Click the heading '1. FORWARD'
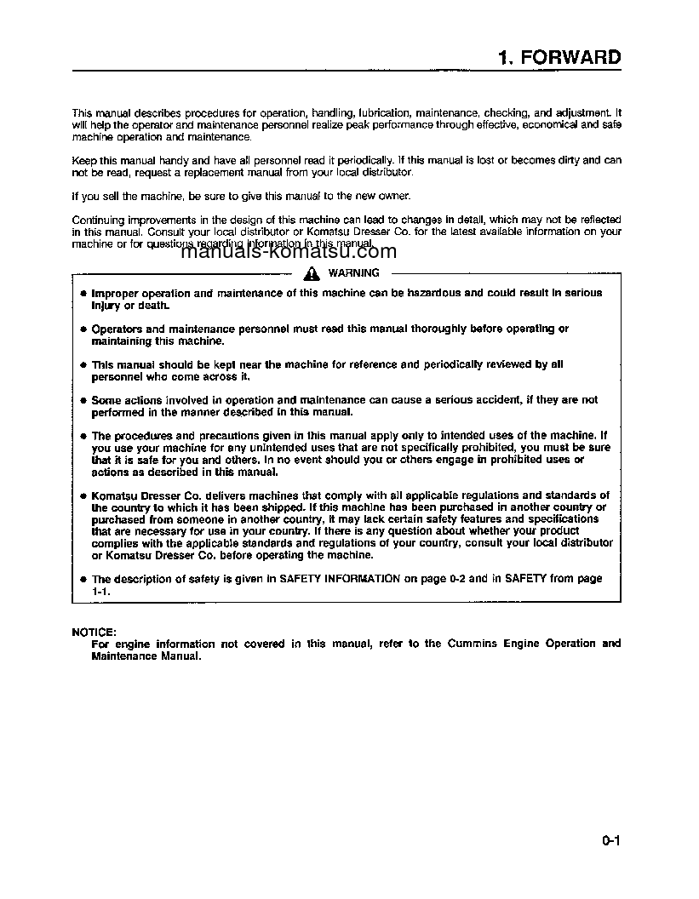559,58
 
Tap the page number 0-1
610,842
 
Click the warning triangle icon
312,273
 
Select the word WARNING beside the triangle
353,273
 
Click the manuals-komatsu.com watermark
289,251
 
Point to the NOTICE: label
94,632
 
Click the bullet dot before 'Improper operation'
83,294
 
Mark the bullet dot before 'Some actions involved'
83,400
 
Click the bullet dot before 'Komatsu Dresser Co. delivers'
83,495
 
